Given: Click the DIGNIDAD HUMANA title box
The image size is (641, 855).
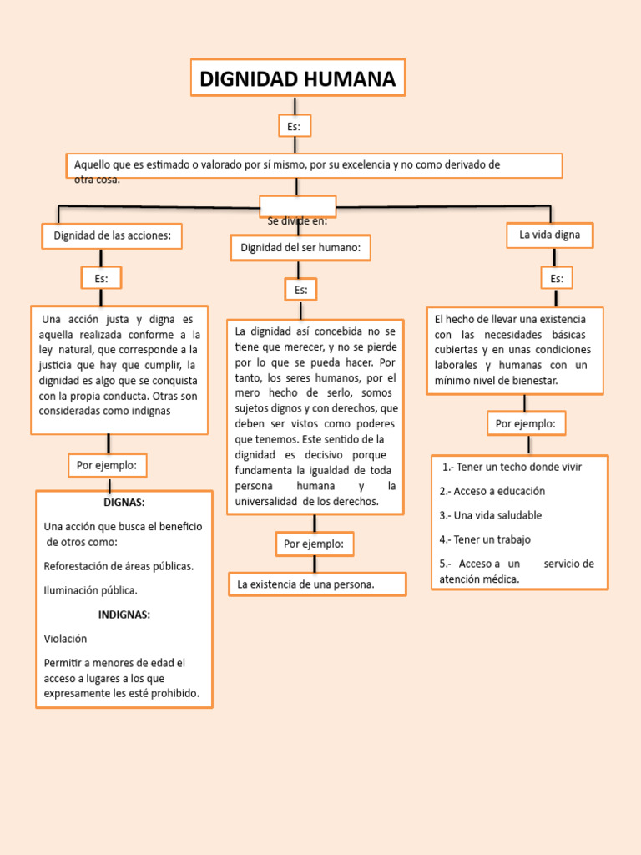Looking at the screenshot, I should click(x=298, y=79).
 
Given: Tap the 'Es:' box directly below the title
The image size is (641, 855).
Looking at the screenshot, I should click(x=294, y=126).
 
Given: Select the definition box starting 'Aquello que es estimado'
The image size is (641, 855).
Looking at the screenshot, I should click(x=313, y=165).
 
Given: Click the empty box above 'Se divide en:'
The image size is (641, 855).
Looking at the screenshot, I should click(x=297, y=205).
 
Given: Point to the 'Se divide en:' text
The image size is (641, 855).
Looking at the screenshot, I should click(x=297, y=221).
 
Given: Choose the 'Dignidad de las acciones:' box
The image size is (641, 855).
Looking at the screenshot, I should click(x=112, y=236).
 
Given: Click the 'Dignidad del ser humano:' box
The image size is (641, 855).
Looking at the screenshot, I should click(x=300, y=248).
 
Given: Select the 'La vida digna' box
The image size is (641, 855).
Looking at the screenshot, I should click(x=549, y=235).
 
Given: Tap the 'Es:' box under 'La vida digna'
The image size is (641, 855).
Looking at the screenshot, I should click(x=557, y=278).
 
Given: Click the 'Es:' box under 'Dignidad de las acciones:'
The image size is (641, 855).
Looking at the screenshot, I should click(x=101, y=278).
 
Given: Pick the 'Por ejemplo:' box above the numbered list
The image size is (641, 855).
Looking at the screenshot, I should click(x=526, y=423).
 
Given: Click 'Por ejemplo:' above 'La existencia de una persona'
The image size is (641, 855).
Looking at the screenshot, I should click(x=314, y=544).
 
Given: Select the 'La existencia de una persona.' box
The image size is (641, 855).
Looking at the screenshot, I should click(x=316, y=584).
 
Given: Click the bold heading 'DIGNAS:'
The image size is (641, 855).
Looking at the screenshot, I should click(x=124, y=503).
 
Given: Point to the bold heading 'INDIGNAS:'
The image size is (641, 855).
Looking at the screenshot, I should click(x=124, y=615).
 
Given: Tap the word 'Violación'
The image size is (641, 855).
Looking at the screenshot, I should click(x=65, y=639).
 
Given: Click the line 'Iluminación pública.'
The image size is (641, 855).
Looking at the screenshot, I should click(x=90, y=590).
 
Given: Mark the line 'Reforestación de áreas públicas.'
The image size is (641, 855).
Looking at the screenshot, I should click(x=119, y=566).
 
